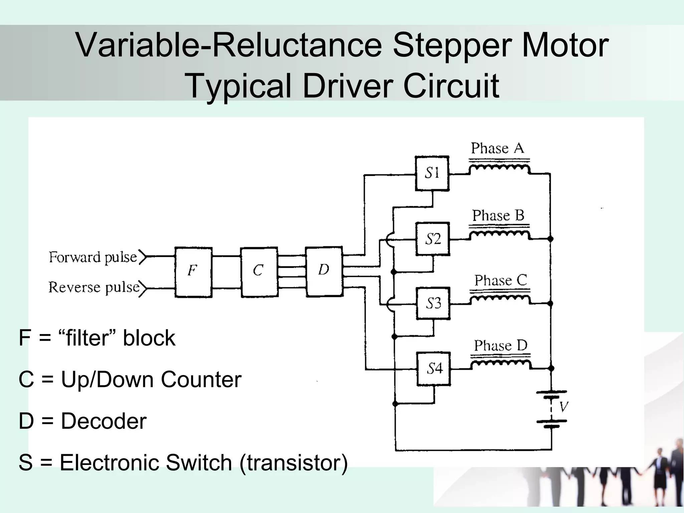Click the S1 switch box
[x=432, y=173]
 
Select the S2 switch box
[x=433, y=239]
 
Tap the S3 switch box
[x=433, y=304]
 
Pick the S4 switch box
[x=434, y=369]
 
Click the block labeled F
[x=193, y=272]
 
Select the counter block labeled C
[x=259, y=272]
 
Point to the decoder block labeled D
[x=324, y=271]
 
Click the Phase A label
[x=497, y=148]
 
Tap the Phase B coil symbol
[x=499, y=234]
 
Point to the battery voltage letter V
[x=564, y=407]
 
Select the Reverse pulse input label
[x=94, y=288]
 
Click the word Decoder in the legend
[x=104, y=421]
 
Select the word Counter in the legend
[x=201, y=380]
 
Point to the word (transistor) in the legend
[x=294, y=463]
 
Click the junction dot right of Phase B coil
[x=550, y=239]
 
